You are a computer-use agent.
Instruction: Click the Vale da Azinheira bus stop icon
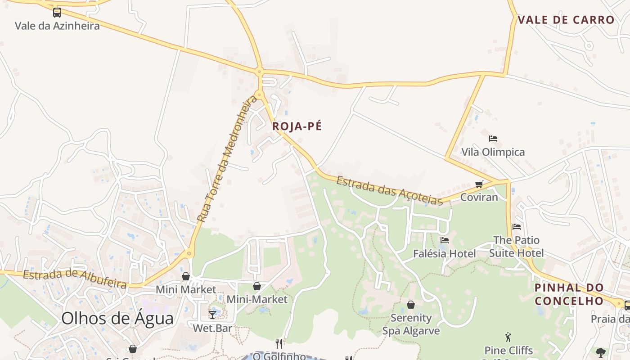click(57, 13)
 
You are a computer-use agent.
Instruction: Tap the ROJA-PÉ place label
click(297, 126)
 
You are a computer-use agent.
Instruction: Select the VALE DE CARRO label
click(566, 20)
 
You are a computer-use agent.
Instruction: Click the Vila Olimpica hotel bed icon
click(493, 139)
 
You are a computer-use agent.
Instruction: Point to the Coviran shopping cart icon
click(479, 184)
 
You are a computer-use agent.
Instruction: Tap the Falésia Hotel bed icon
click(445, 240)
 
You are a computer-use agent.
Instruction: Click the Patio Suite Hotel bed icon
click(517, 226)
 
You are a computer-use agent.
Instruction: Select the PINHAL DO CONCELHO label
click(569, 294)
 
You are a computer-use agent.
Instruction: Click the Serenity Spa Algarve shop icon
click(411, 305)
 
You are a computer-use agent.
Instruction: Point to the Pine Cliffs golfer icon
click(508, 336)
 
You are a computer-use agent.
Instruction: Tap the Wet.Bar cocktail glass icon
click(212, 315)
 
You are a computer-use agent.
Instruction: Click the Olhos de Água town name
click(117, 319)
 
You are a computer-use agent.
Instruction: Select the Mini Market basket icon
click(185, 276)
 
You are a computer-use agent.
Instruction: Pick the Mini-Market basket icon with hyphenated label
click(257, 286)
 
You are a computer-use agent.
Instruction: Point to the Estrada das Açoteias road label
click(390, 191)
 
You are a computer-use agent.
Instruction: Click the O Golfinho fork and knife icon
click(279, 344)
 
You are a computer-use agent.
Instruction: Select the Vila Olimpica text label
click(493, 152)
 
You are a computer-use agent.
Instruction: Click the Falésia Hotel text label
click(444, 254)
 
